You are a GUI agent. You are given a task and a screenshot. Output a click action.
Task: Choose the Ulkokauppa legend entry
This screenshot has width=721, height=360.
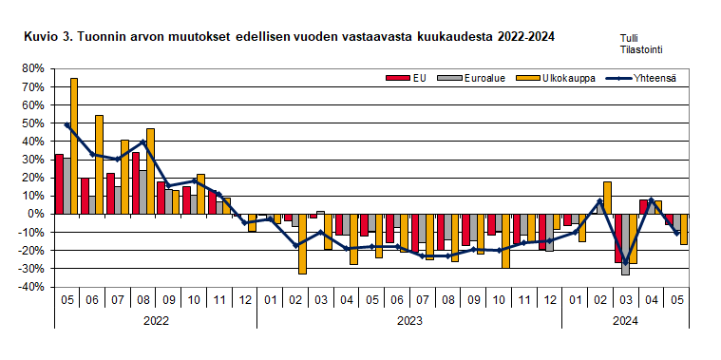coord(561,78)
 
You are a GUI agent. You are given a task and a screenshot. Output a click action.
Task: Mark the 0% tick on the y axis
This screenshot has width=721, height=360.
coord(35,214)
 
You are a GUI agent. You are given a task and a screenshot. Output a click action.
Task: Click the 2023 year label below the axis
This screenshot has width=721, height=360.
coord(409,320)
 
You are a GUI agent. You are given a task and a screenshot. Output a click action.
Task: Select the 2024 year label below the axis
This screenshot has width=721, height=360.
coord(624,320)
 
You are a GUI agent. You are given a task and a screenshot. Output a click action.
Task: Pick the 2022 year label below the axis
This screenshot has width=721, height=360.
coord(155,320)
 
